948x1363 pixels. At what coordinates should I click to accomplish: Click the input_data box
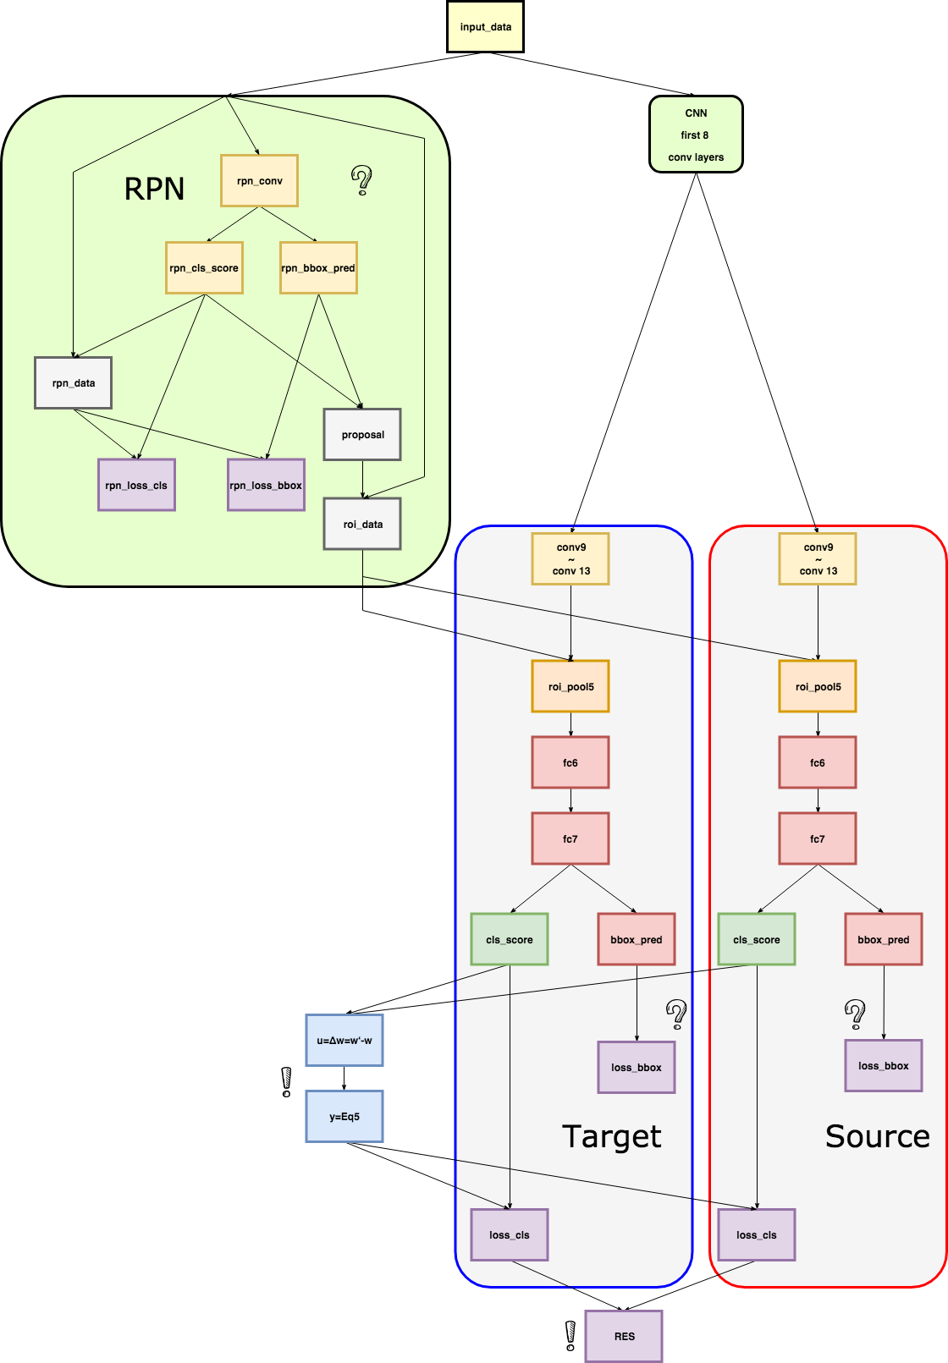click(x=485, y=26)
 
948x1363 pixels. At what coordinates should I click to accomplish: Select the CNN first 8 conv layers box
click(x=696, y=135)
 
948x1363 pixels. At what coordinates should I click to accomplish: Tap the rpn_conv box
click(x=259, y=181)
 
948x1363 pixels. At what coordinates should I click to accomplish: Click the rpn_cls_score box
click(x=204, y=268)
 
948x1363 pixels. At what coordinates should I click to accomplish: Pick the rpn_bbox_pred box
click(x=318, y=268)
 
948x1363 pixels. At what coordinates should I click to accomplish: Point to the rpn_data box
click(x=73, y=383)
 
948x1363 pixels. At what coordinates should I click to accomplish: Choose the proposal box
click(x=362, y=435)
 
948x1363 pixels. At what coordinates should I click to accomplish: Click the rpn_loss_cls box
click(x=136, y=486)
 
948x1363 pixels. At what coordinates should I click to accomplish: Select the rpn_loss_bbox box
click(x=266, y=486)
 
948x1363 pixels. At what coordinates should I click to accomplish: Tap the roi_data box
click(x=362, y=525)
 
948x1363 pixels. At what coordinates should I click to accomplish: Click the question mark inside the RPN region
click(x=361, y=180)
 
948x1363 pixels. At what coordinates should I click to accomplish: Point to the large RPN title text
click(x=154, y=189)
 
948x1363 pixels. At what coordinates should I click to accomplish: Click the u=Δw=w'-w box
click(x=344, y=1041)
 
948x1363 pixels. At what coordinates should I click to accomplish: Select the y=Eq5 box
click(x=344, y=1117)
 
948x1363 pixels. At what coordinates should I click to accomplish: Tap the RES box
click(x=624, y=1337)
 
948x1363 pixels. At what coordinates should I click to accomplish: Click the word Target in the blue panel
click(x=611, y=1136)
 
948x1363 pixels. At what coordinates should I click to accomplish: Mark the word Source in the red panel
click(x=877, y=1136)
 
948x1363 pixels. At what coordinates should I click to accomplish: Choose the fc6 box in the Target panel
click(x=570, y=763)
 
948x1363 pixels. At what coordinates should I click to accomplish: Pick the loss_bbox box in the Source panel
click(x=884, y=1066)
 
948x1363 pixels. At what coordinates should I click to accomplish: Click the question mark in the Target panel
click(x=676, y=1014)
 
